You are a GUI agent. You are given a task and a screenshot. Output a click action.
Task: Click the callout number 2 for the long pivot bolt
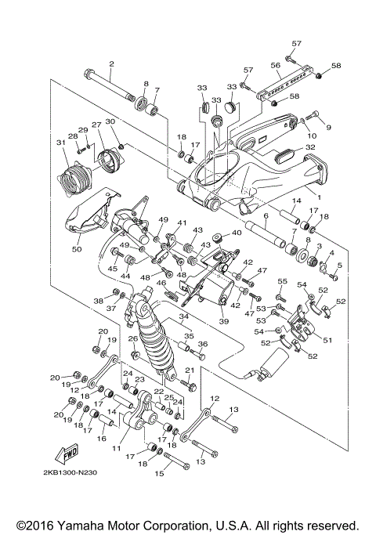pyautogui.click(x=111, y=63)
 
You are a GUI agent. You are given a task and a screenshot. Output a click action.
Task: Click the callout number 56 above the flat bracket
pyautogui.click(x=276, y=66)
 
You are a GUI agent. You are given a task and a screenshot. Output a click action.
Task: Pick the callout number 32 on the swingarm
pyautogui.click(x=310, y=147)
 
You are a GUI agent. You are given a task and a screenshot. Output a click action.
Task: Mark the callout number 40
pyautogui.click(x=237, y=233)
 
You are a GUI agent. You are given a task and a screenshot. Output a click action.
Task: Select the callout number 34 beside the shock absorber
pyautogui.click(x=184, y=317)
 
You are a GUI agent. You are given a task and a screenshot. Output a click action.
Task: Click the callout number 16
pyautogui.click(x=101, y=440)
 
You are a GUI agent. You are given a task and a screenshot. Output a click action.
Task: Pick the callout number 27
pyautogui.click(x=96, y=125)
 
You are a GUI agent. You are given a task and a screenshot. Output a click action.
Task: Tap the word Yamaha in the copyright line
pyautogui.click(x=91, y=525)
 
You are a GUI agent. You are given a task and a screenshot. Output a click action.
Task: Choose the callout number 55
pyautogui.click(x=283, y=280)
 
